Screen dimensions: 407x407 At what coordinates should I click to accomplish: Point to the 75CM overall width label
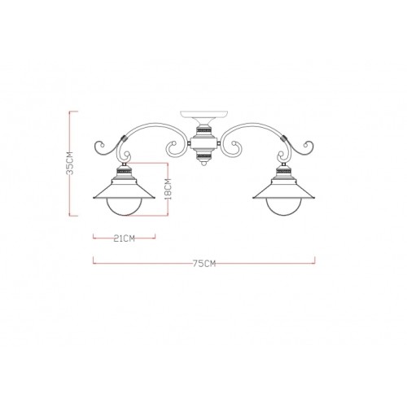point(204,263)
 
